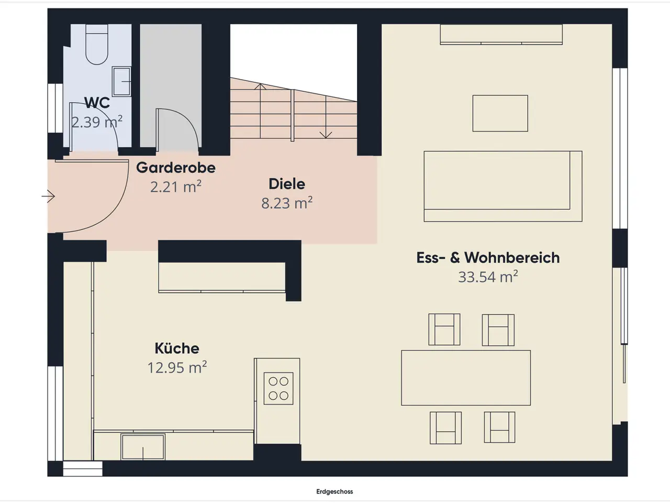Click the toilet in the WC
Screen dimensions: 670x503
97,45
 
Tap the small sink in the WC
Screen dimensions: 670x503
121,82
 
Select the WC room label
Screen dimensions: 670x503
97,103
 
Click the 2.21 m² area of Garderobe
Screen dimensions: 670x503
176,187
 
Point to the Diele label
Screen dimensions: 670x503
287,184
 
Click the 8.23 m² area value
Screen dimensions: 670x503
287,203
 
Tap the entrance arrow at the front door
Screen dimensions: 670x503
48,196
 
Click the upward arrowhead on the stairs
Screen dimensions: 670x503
260,86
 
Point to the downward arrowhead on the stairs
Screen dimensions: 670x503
326,135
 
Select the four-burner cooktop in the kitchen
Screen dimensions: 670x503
278,388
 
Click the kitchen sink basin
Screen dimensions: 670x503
143,446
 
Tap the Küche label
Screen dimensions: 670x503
177,348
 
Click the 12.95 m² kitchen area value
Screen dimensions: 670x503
177,367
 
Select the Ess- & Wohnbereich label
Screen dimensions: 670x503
488,258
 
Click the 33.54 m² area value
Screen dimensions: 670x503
488,277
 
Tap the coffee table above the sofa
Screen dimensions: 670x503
500,113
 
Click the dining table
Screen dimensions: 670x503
466,378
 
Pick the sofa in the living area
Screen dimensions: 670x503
502,187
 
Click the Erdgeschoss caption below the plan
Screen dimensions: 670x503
334,491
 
